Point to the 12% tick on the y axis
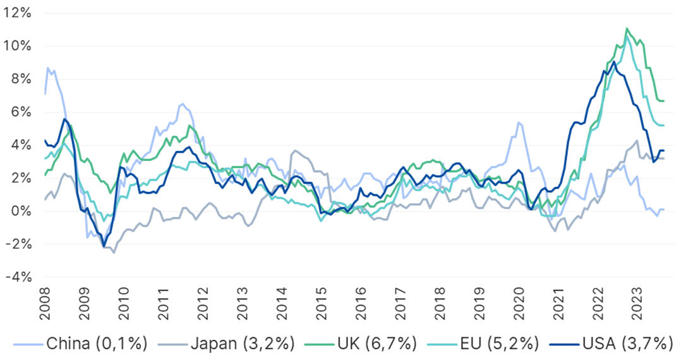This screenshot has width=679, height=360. tap(18, 13)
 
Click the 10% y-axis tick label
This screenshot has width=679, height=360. tap(18, 46)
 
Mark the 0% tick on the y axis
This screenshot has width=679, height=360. tap(21, 211)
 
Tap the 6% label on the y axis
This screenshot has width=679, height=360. tap(21, 112)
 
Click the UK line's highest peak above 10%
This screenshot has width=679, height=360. tap(627, 28)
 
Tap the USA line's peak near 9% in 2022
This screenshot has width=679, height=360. tap(614, 62)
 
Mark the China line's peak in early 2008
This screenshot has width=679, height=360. tap(48, 68)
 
